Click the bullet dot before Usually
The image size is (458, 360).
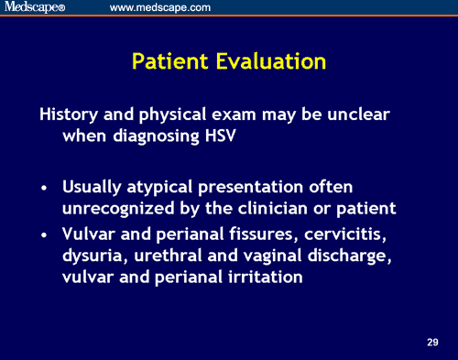[x=45, y=187]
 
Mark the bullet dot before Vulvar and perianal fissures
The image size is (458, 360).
[x=45, y=238]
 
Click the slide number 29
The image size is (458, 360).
[x=432, y=342]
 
